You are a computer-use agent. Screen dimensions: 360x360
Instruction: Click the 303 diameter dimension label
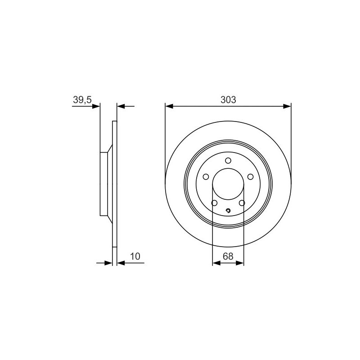click(x=228, y=100)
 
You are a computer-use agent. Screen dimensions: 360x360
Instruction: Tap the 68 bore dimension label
click(x=228, y=256)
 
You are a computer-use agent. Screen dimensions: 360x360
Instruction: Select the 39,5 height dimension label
click(x=82, y=100)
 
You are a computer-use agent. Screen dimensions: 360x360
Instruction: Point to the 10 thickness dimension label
click(x=135, y=256)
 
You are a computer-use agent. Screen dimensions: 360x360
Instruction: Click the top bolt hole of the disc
click(x=228, y=161)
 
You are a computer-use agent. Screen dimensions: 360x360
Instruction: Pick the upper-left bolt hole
click(x=206, y=177)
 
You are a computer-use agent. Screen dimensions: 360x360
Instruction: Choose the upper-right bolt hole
click(x=250, y=177)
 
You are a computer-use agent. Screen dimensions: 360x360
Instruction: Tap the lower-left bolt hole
click(x=214, y=203)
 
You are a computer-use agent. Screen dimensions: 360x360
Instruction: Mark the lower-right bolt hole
click(x=242, y=203)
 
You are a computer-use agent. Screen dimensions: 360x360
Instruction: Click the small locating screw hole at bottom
click(x=228, y=211)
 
